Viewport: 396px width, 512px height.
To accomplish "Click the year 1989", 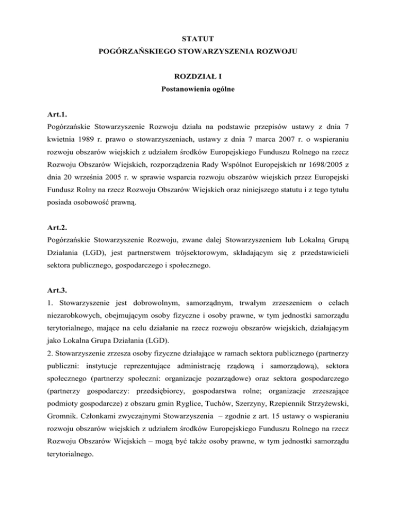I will point(86,143).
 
